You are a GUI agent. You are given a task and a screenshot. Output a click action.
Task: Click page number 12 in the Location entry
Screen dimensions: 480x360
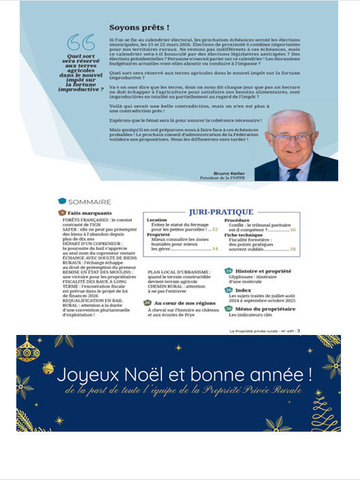215,231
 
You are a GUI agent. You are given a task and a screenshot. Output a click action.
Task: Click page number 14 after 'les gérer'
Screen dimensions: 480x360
215,250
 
